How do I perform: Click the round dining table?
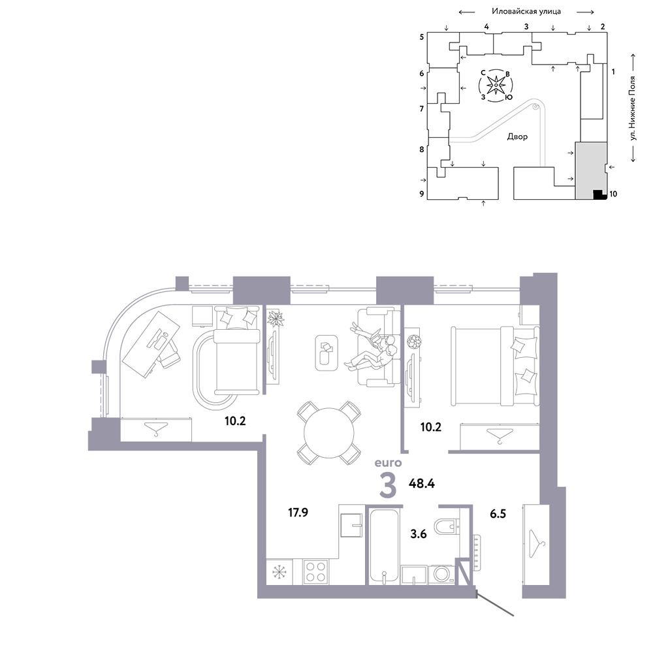pyautogui.click(x=328, y=433)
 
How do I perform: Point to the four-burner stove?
pyautogui.click(x=315, y=571)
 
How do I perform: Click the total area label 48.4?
pyautogui.click(x=421, y=483)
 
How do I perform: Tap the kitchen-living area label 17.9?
pyautogui.click(x=298, y=512)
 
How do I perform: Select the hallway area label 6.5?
pyautogui.click(x=498, y=513)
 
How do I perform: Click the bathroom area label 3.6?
pyautogui.click(x=419, y=534)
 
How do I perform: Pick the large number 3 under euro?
pyautogui.click(x=388, y=485)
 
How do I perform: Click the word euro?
pyautogui.click(x=388, y=463)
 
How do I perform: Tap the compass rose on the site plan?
pyautogui.click(x=496, y=86)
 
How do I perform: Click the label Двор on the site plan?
pyautogui.click(x=517, y=136)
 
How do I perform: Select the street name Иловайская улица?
pyautogui.click(x=526, y=11)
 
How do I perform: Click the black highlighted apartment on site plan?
pyautogui.click(x=598, y=195)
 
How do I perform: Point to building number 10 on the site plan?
pyautogui.click(x=613, y=194)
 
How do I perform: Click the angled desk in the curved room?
pyautogui.click(x=150, y=344)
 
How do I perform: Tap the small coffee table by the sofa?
pyautogui.click(x=326, y=353)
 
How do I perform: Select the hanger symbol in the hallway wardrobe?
pyautogui.click(x=536, y=543)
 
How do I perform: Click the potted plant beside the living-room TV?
pyautogui.click(x=276, y=320)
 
